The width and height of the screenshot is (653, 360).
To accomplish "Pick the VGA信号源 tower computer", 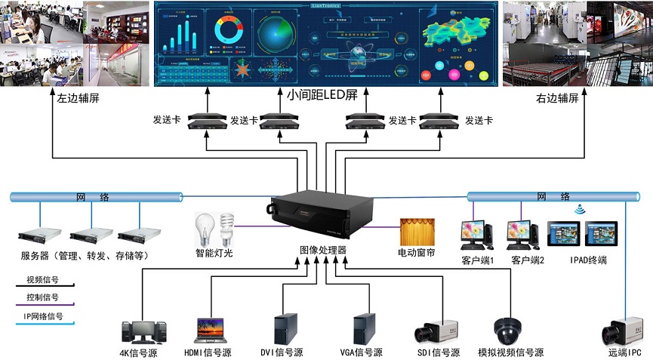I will point(364,329).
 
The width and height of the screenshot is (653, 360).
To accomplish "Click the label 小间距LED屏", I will point(322,96).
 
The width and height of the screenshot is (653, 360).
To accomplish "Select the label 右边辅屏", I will point(556,98).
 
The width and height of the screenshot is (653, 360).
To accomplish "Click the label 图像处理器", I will point(322,250).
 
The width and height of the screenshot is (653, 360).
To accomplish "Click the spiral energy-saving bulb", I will point(226,228).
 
